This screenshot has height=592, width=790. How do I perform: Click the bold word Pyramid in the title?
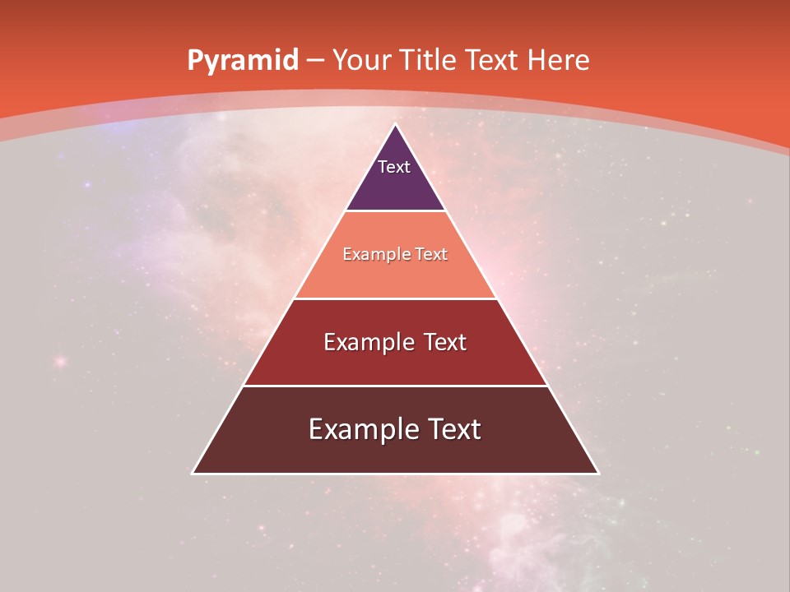[242, 61]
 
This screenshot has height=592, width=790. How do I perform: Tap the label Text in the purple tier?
[394, 167]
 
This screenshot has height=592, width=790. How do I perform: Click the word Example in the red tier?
[360, 342]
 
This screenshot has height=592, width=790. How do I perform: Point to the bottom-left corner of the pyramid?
[193, 473]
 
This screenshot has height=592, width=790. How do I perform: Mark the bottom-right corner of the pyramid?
[598, 473]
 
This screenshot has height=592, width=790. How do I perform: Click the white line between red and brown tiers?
[395, 386]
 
